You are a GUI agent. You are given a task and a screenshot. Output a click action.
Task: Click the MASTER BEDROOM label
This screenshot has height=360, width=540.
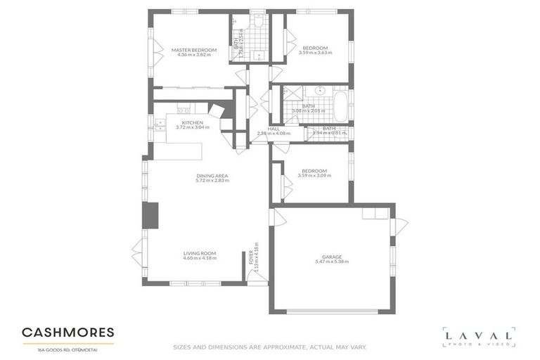point(194,50)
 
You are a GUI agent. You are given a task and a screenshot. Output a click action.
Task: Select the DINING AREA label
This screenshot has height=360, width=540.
point(208,176)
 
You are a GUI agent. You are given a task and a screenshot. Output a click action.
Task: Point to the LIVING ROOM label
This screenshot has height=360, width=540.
point(200,253)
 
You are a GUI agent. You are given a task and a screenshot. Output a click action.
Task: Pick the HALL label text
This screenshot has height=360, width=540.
point(274,129)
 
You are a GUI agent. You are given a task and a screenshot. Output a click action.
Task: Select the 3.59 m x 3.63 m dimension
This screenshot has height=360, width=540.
point(314,53)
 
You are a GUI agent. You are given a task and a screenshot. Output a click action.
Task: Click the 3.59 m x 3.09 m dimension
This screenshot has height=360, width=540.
point(314,175)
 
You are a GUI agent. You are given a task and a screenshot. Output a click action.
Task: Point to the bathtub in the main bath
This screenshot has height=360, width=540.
point(341,107)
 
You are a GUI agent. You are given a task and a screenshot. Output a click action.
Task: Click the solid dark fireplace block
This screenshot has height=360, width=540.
point(150,215)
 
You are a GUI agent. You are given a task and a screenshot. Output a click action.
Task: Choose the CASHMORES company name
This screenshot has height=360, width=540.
point(68,332)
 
